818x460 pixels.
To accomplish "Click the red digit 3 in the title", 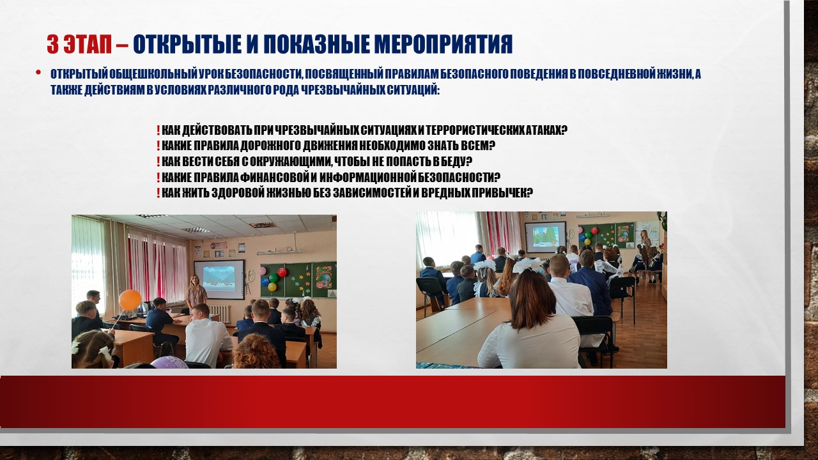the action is point(53,45).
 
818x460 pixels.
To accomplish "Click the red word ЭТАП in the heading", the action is point(88,45).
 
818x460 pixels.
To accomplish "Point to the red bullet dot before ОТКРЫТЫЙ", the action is point(38,72).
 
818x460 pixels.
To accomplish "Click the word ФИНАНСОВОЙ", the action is point(275,178).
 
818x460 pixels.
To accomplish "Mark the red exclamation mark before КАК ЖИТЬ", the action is point(158,193).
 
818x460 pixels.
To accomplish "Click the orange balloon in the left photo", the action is point(130,300).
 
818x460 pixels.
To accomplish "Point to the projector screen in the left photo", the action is point(219,279).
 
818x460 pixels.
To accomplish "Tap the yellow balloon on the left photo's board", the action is point(272,287).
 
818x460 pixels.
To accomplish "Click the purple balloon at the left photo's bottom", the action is point(169,362).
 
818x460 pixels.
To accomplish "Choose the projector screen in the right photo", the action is point(545,237).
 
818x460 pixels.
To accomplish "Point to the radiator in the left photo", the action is point(219,314).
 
